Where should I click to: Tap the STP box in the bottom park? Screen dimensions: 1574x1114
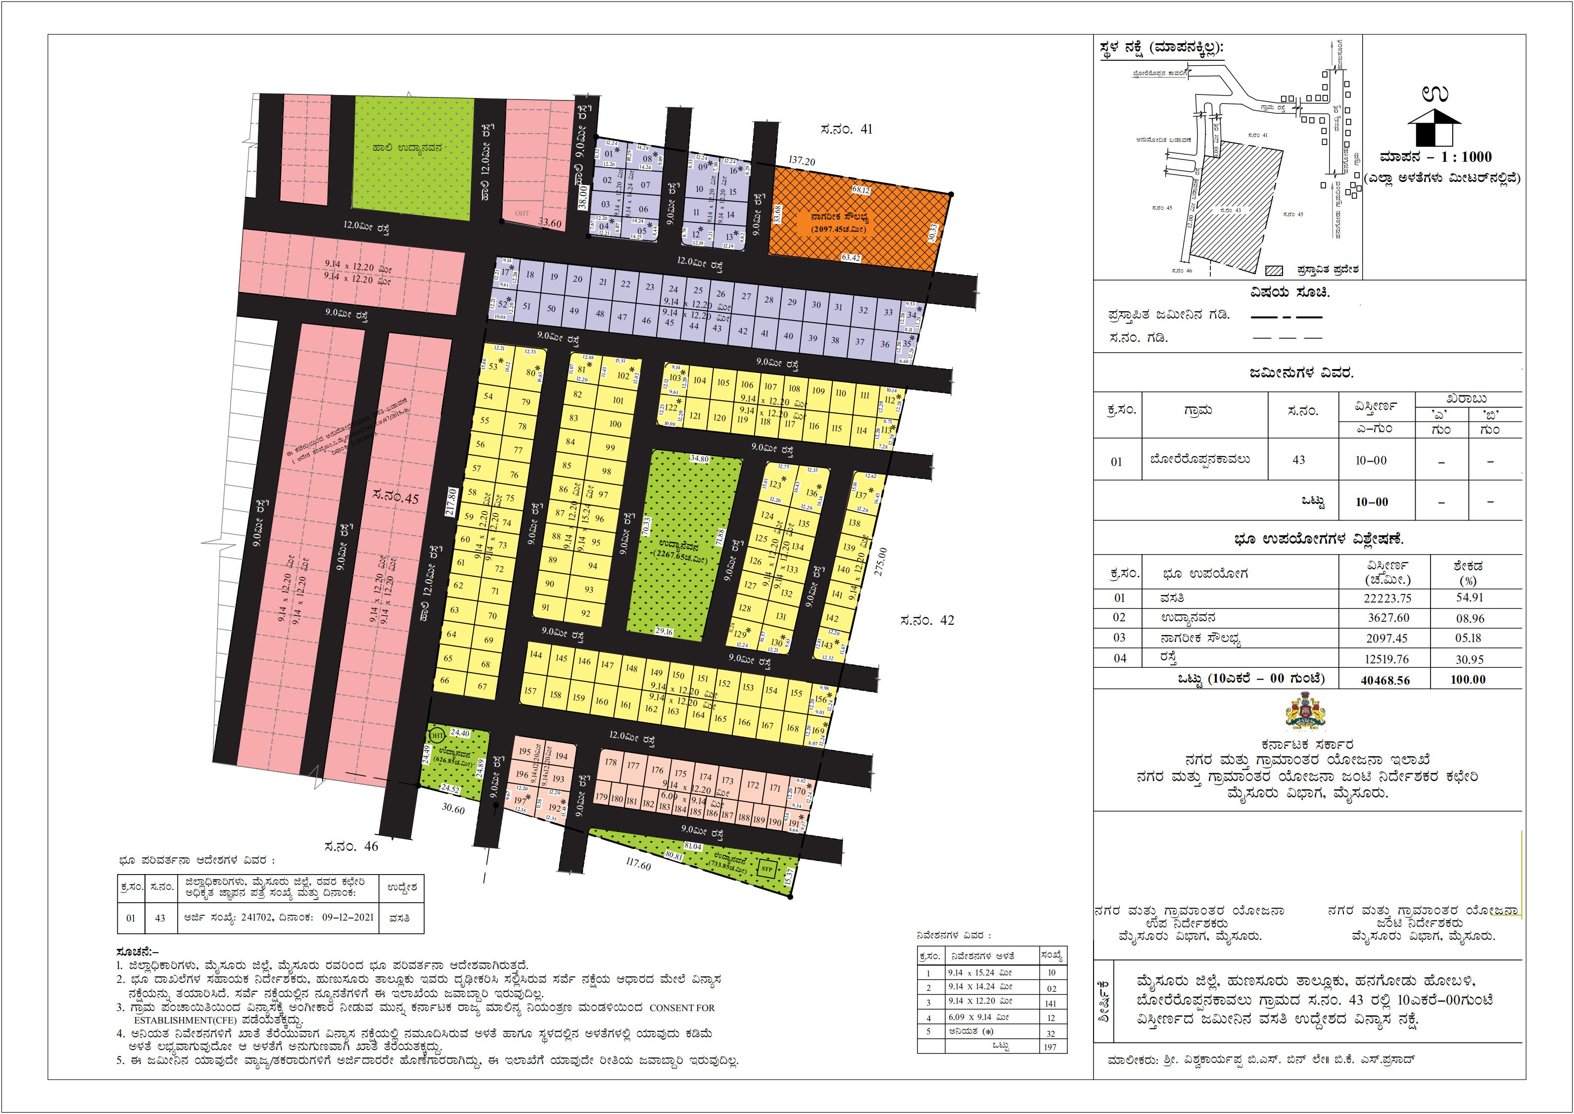(x=766, y=869)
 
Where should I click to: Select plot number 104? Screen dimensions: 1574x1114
(x=699, y=381)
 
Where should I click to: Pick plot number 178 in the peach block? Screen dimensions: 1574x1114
(x=611, y=763)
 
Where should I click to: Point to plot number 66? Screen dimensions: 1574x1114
(x=445, y=681)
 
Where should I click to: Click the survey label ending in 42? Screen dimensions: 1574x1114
(x=926, y=620)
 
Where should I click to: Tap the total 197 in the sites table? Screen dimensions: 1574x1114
(x=1051, y=1047)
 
